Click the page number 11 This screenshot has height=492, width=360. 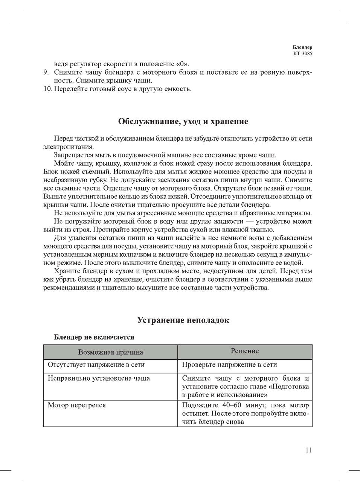(308, 450)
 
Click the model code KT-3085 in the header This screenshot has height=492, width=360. (303, 53)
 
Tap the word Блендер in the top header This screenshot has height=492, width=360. (302, 47)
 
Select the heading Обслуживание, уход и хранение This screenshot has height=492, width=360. (183, 122)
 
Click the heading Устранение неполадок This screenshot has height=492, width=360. (183, 320)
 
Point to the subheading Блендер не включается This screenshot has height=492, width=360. (94, 337)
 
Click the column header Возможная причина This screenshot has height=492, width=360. (110, 352)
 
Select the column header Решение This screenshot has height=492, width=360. (245, 351)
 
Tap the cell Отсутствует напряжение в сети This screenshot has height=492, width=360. (96, 364)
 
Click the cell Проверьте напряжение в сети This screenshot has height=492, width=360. (229, 364)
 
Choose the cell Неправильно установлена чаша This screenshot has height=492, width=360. (99, 378)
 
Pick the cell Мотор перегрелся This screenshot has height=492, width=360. (77, 405)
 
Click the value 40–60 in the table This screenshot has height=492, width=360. (232, 405)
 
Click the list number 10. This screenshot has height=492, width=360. (47, 89)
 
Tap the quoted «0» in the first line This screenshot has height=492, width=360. (182, 64)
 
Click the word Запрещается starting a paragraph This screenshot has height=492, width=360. (72, 155)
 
